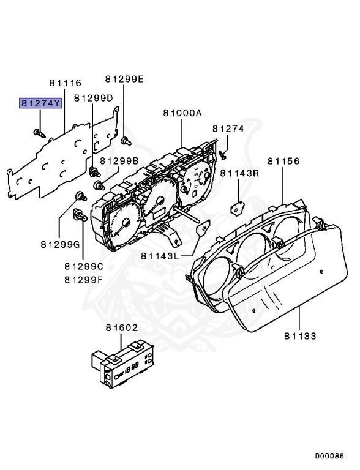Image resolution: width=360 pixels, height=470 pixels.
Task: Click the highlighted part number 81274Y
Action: coord(40,103)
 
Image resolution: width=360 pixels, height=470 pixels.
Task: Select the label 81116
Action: coord(65,83)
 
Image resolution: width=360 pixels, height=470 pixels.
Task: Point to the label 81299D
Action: coord(94,98)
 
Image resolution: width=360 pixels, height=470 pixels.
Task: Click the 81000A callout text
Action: coord(182,113)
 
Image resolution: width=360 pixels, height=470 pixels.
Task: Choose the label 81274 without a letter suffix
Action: coord(228,129)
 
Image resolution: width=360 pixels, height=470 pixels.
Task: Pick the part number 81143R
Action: coord(239,173)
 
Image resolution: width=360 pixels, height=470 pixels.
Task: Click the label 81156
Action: coord(283,161)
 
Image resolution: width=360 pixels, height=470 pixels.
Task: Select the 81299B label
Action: coord(119,161)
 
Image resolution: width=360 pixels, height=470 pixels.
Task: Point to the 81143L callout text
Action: coord(159,256)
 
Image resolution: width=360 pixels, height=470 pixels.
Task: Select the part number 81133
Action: coord(300,336)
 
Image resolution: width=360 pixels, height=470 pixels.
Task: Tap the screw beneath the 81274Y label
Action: coord(39,132)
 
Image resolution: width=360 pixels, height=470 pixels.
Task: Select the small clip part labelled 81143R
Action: coord(236,209)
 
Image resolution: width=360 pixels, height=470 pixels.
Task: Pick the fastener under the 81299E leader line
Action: coord(125,141)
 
